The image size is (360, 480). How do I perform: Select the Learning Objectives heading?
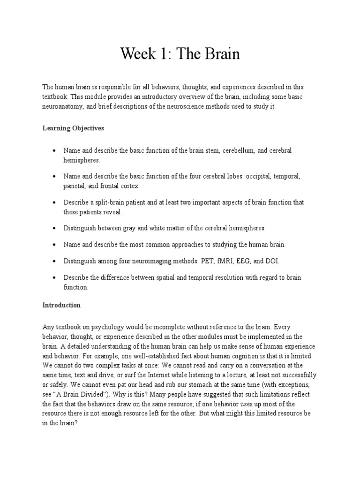(x=73, y=128)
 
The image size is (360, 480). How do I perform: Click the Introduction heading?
(x=61, y=305)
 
